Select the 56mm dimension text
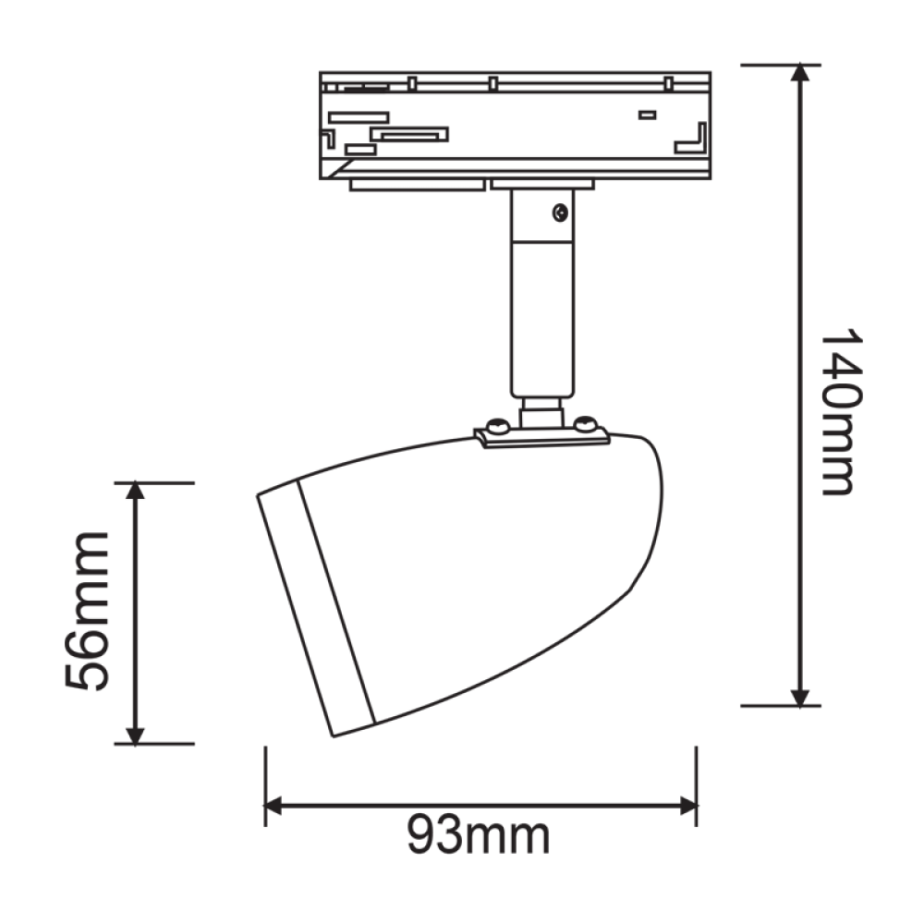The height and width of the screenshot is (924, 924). (88, 612)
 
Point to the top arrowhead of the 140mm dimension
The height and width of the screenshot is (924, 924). (801, 74)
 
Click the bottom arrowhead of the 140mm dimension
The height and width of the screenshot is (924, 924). (801, 697)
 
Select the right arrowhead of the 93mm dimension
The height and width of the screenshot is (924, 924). (687, 806)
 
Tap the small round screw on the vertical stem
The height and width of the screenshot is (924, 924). (559, 213)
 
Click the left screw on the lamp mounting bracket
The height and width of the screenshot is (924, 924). (497, 426)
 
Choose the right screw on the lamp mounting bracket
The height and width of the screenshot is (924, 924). (584, 424)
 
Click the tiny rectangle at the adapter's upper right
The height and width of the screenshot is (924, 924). (647, 115)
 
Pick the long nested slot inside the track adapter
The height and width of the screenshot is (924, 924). (409, 135)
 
